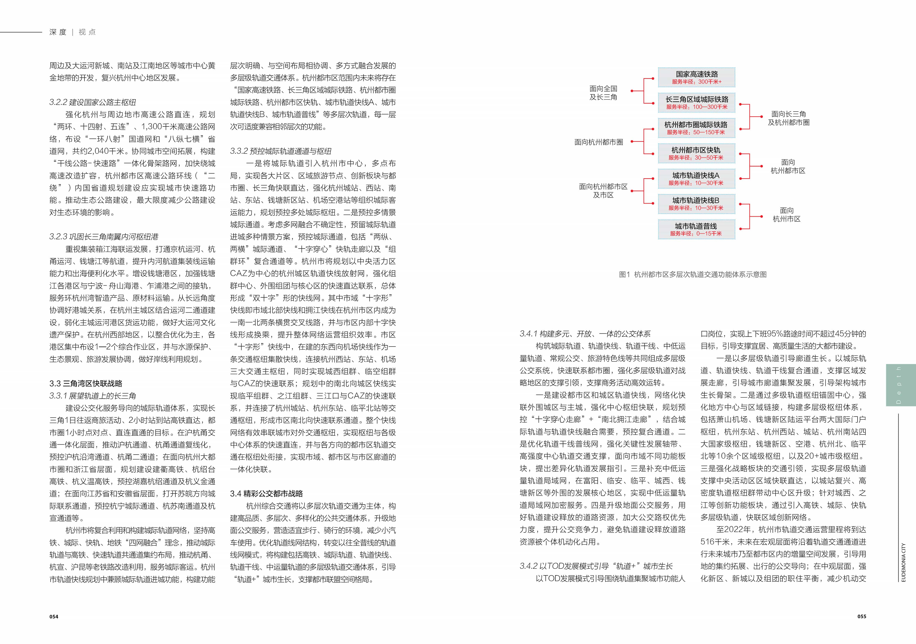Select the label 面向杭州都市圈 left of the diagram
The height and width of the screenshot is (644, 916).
pos(599,142)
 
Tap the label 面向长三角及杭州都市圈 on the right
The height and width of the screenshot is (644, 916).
pos(788,118)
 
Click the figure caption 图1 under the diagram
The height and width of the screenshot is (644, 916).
pos(693,274)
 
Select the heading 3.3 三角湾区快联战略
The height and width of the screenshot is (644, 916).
pos(86,384)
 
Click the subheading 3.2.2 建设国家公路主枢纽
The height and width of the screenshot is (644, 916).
pos(93,102)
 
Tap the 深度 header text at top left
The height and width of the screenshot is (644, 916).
pos(58,32)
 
